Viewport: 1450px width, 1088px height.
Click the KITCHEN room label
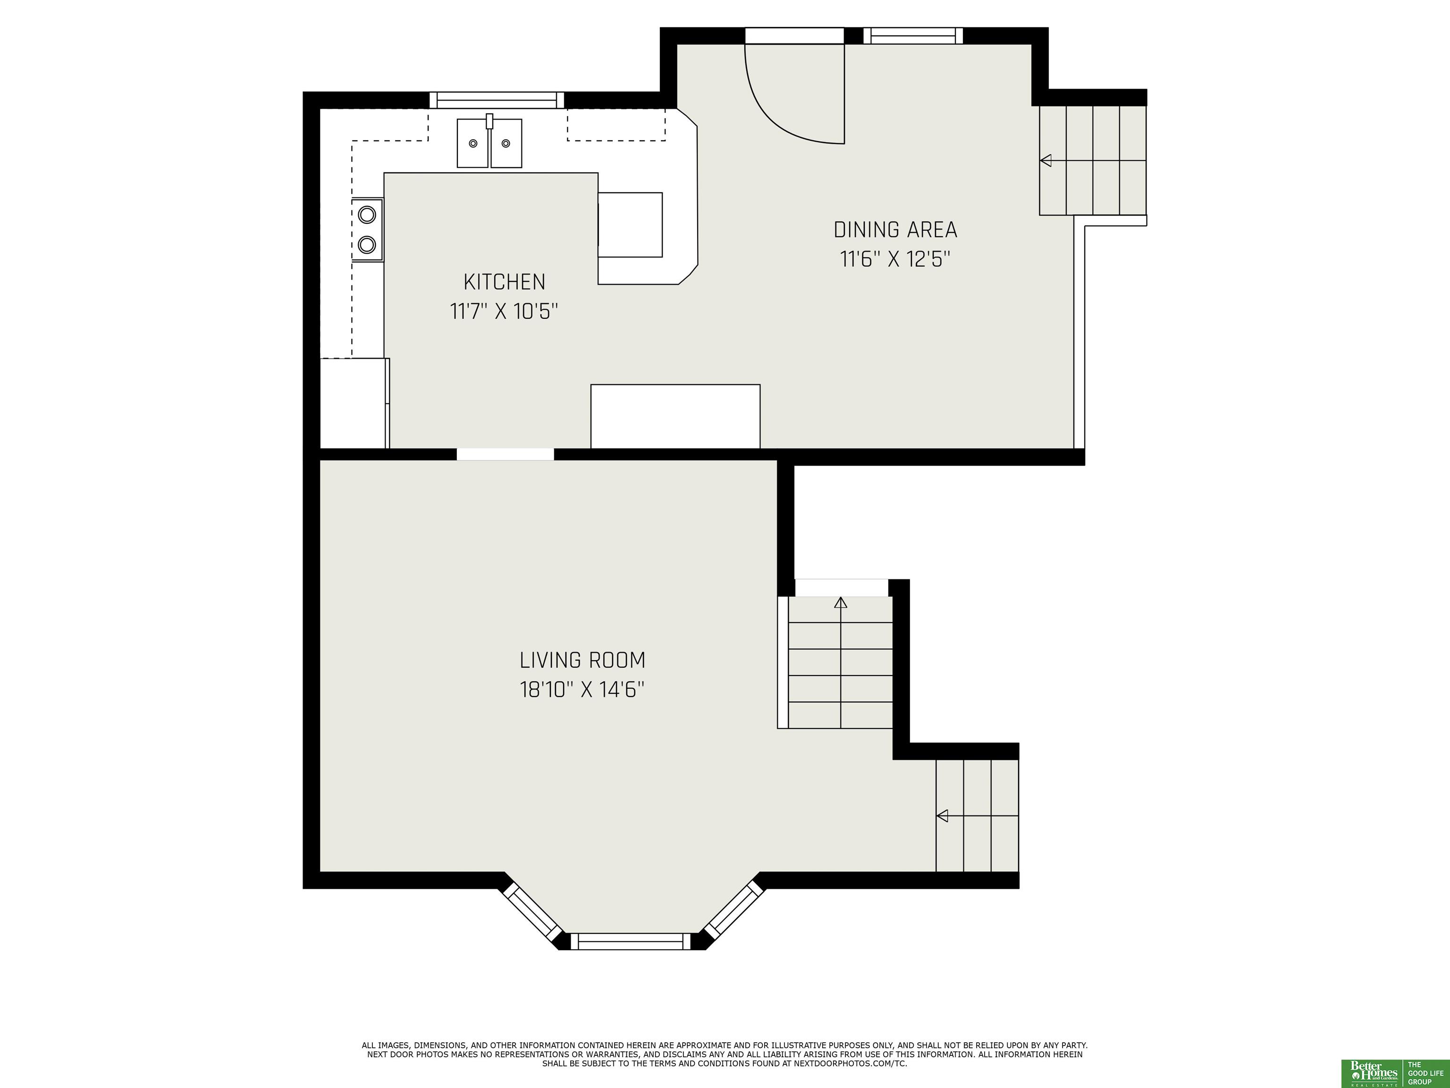point(504,282)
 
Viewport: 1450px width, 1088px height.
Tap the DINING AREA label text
point(895,229)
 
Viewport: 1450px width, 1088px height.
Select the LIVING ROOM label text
point(582,660)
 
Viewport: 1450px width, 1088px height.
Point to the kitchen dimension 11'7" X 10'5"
point(504,311)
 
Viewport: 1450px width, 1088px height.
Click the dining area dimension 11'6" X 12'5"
point(895,260)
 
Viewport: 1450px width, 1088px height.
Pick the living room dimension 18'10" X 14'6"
point(582,690)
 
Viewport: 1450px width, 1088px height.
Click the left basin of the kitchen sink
point(472,143)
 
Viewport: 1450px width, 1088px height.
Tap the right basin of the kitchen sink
point(506,143)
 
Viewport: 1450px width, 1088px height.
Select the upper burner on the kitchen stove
point(368,214)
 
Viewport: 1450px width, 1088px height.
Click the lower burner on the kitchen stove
point(368,245)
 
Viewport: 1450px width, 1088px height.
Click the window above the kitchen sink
point(497,100)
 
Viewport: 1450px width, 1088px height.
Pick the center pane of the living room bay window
point(631,942)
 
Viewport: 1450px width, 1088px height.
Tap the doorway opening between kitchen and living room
point(506,454)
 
